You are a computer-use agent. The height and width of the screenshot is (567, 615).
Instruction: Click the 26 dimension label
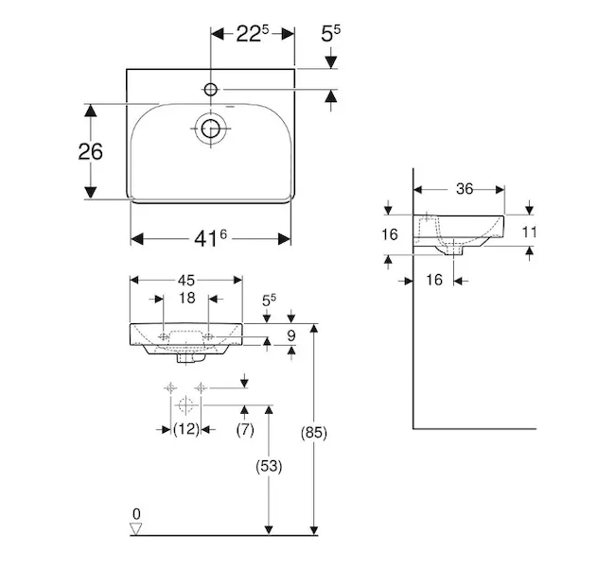(x=90, y=151)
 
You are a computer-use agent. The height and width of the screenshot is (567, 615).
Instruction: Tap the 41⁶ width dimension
(x=210, y=238)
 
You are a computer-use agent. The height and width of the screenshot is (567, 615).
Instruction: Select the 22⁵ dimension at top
(x=253, y=34)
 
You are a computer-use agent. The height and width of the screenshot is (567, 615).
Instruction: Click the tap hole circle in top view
(x=211, y=90)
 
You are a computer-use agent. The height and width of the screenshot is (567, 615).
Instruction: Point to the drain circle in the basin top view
(x=211, y=129)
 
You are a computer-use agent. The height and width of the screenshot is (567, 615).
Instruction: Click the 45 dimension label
(x=185, y=280)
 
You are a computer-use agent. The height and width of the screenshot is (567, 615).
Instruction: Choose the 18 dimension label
(x=186, y=299)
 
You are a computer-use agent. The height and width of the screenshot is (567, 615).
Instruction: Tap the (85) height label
(x=314, y=432)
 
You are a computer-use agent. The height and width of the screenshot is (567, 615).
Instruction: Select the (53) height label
(x=269, y=466)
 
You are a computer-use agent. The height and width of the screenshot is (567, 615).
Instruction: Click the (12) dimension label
(x=186, y=429)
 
